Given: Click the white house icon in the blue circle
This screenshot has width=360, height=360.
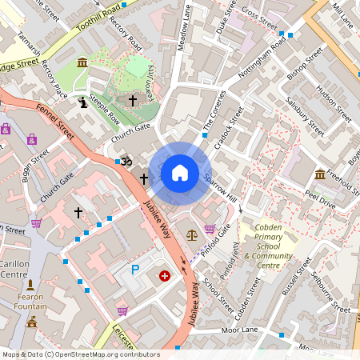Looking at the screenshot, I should pos(180,173).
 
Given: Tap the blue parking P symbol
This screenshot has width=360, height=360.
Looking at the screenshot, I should pos(135,270).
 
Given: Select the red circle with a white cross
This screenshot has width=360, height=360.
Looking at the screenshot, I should pos(165,276).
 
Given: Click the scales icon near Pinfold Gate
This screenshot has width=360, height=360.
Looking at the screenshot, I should pos(191,234).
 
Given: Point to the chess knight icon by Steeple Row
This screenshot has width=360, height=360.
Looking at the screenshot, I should pos(84,102).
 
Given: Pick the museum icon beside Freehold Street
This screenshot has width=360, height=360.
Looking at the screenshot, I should pos(320,174).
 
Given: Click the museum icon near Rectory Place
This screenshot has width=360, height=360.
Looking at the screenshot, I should pos(82,62).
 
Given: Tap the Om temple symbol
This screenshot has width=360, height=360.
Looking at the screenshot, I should pos(124,162).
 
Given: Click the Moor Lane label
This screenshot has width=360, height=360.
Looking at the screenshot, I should pos(239,329).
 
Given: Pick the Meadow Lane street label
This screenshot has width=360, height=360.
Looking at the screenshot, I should pos(185,30).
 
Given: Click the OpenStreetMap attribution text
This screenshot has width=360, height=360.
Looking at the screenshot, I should pos(80,354).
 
